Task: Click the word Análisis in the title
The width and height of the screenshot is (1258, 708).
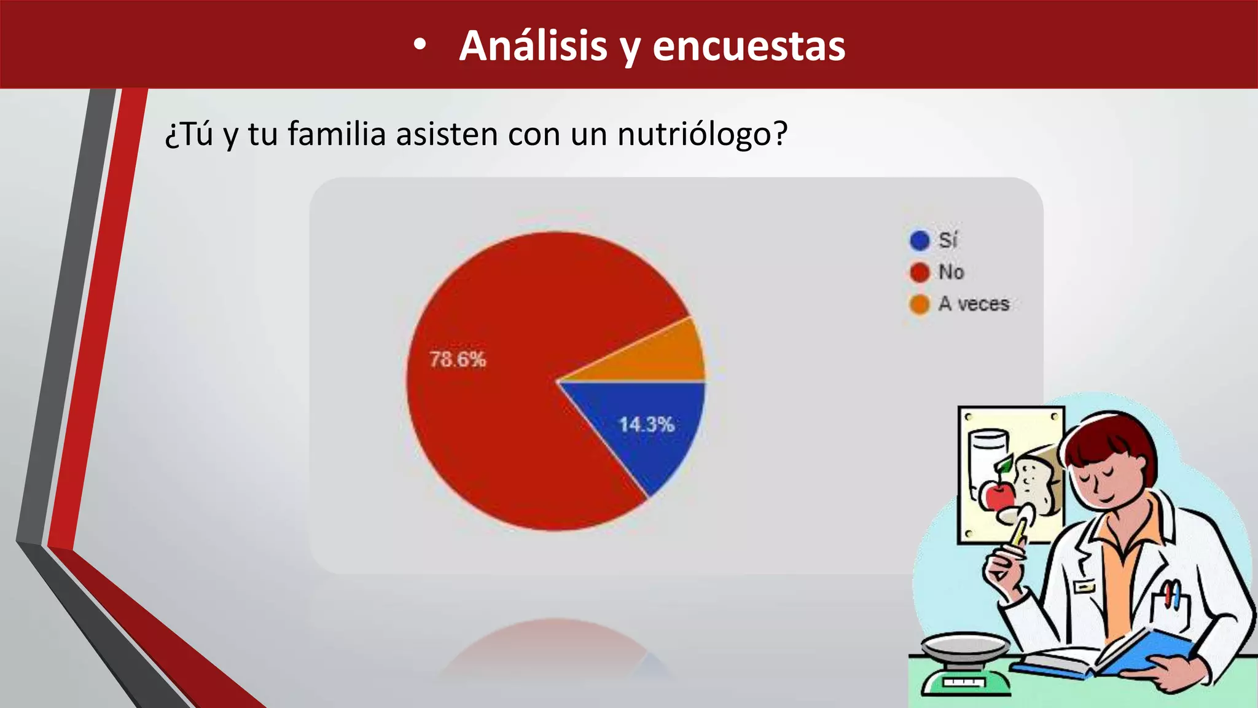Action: click(x=533, y=46)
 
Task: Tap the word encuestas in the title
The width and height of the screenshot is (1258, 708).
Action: click(x=749, y=46)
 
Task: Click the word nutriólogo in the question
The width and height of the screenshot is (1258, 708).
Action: click(x=702, y=134)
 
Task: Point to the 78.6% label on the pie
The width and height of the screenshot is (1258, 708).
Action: click(x=458, y=360)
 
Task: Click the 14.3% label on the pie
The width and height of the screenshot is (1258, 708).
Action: click(x=646, y=424)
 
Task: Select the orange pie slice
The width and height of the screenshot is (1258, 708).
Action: click(x=670, y=356)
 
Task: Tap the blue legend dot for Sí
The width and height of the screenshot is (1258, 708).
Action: click(x=920, y=240)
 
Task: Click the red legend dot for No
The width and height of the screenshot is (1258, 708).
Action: click(x=920, y=272)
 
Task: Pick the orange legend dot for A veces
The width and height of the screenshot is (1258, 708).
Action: click(x=920, y=304)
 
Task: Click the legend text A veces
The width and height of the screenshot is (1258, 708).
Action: click(x=974, y=304)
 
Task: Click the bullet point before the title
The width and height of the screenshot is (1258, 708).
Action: click(x=420, y=46)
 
